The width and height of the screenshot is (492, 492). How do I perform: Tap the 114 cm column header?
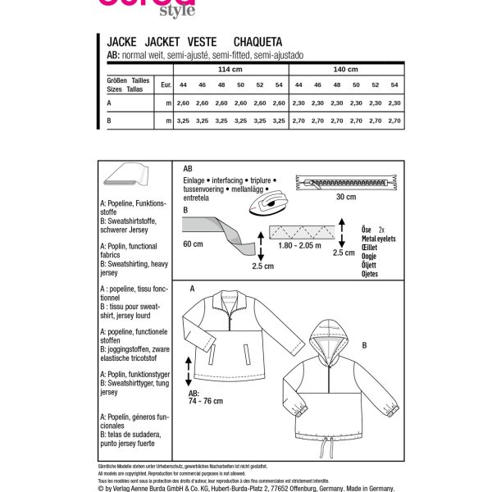coord(221,69)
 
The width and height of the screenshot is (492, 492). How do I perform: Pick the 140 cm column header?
coord(345,69)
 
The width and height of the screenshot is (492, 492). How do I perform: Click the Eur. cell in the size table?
coord(166,84)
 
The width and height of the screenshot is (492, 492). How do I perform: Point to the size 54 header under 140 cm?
coord(394,84)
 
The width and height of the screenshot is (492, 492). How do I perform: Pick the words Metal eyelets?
coord(378,238)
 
